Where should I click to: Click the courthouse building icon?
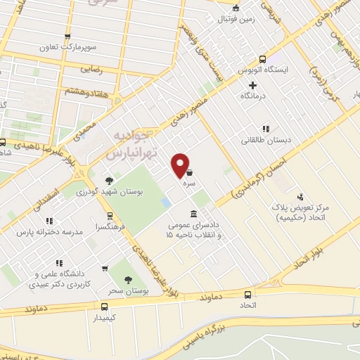(194, 214)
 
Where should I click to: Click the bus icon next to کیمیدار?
(104, 307)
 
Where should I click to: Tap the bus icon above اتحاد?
(247, 295)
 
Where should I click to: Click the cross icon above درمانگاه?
(252, 85)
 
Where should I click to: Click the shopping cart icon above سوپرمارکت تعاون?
(67, 37)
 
